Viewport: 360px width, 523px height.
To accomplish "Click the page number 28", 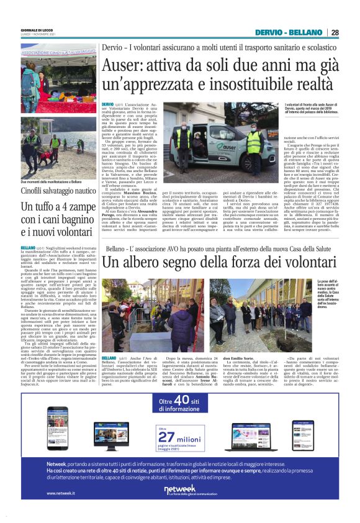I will click(335, 33).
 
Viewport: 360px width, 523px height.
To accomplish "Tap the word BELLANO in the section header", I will click(307, 33).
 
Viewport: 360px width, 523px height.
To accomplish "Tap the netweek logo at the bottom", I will click(180, 490).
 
